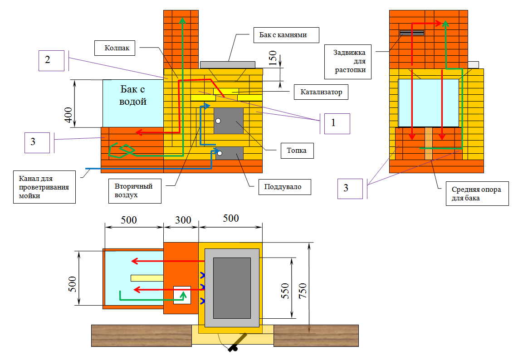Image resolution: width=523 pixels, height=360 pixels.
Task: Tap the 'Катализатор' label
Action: point(321,92)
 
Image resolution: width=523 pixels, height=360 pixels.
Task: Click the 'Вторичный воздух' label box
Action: point(135,190)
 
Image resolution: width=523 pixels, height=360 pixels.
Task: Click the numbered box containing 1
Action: point(337,123)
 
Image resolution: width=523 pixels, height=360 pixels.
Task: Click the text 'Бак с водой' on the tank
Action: point(133,95)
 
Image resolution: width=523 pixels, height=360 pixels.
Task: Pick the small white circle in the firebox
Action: point(218,121)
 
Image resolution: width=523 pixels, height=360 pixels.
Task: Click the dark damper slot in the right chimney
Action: point(412,33)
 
